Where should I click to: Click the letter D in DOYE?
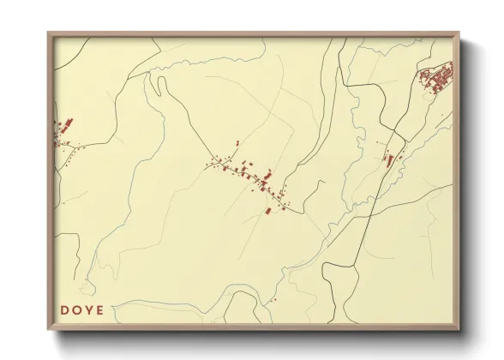click(x=64, y=310)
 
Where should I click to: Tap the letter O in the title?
click(x=76, y=310)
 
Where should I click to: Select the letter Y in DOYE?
click(x=87, y=310)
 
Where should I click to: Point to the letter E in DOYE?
click(x=99, y=310)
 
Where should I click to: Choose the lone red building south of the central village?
click(x=267, y=210)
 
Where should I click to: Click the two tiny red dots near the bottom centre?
click(x=273, y=300)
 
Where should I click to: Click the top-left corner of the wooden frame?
click(x=50, y=35)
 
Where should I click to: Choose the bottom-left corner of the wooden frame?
click(x=50, y=329)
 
